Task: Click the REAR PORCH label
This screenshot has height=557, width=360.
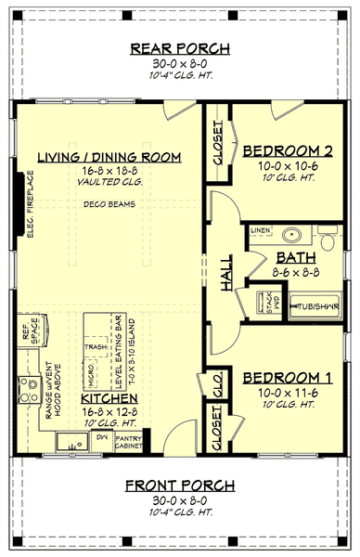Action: (x=181, y=49)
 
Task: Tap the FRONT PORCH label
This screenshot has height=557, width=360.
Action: (x=181, y=486)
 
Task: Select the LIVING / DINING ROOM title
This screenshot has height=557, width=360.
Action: (x=108, y=157)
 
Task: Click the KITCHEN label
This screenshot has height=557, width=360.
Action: (x=108, y=396)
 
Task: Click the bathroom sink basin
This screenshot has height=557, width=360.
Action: (x=290, y=233)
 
